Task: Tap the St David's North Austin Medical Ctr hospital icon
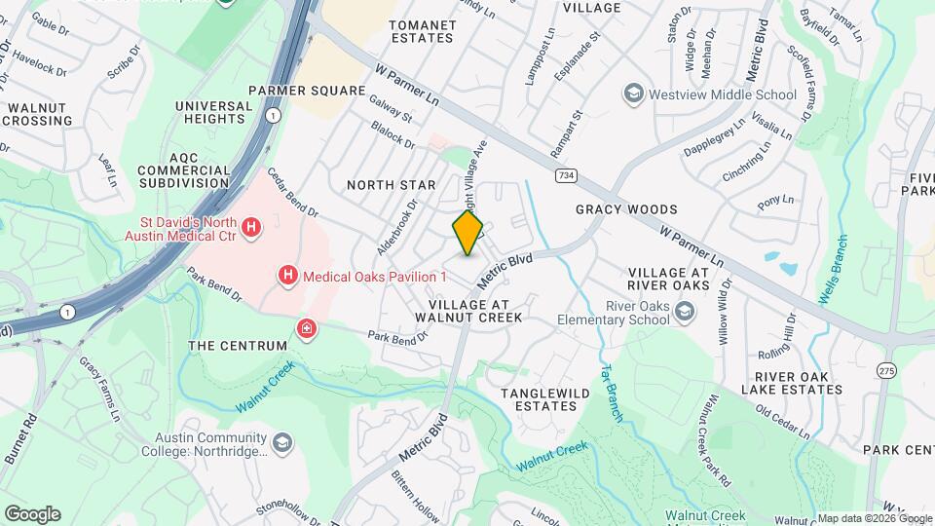(x=251, y=228)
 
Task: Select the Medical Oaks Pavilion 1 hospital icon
(x=288, y=277)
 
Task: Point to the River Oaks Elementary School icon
(x=685, y=311)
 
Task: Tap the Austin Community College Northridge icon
(x=282, y=444)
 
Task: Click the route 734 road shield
(x=565, y=175)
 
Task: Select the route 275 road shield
(x=885, y=371)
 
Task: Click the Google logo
(x=32, y=513)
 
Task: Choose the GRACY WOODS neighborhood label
(x=626, y=209)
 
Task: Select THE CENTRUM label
(x=238, y=346)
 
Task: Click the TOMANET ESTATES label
(x=422, y=30)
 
